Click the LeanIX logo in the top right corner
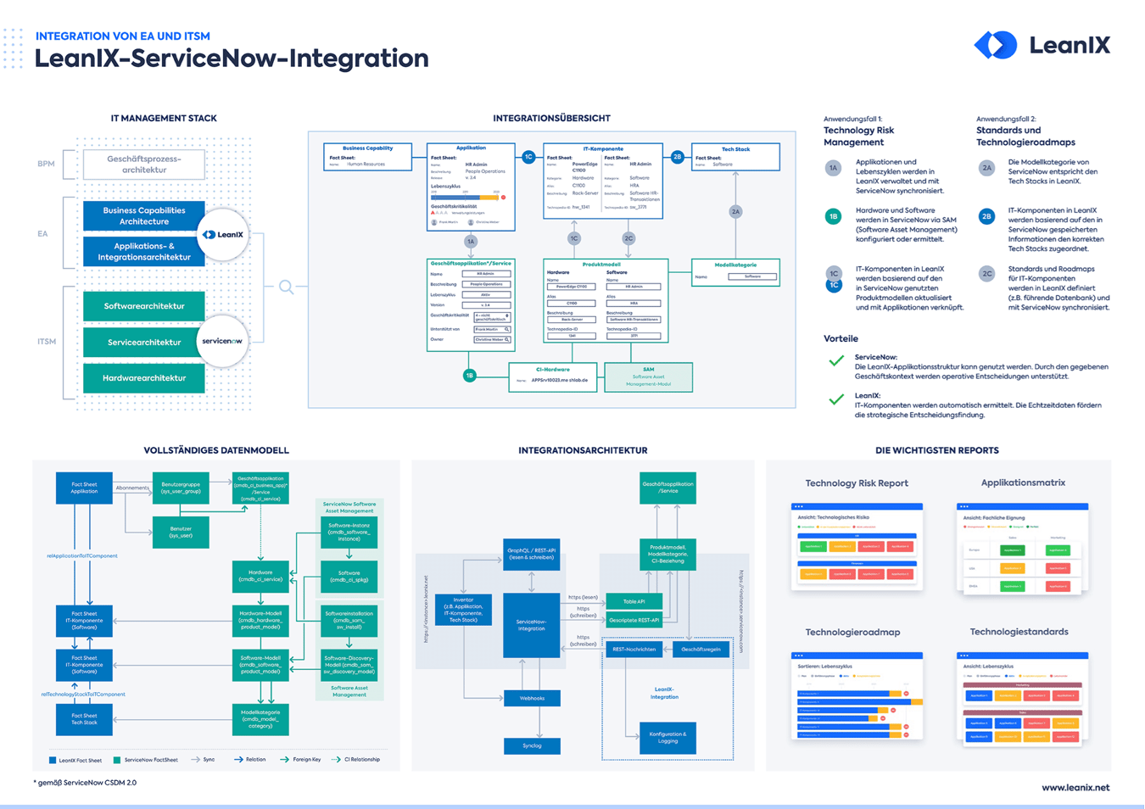click(1042, 45)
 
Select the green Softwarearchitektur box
click(143, 306)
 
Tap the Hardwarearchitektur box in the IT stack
click(143, 378)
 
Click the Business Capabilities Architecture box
click(143, 216)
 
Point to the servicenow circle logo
click(222, 342)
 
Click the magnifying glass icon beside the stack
click(287, 287)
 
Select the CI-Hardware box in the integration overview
click(553, 376)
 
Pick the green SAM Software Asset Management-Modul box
click(648, 377)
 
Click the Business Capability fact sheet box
click(367, 157)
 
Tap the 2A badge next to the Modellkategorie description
click(986, 168)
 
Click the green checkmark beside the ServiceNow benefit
click(836, 361)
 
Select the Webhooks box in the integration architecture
click(532, 699)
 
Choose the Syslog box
click(532, 746)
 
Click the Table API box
click(634, 601)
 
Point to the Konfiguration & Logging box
click(667, 738)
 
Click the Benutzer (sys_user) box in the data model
click(181, 533)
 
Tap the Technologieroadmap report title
click(852, 633)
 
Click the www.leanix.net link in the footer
click(1075, 788)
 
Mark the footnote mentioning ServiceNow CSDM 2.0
click(85, 783)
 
